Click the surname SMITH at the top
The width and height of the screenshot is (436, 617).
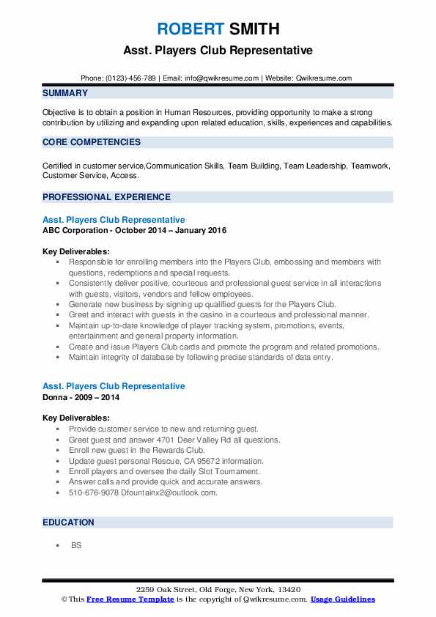[x=254, y=29]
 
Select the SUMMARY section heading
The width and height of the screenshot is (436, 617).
[x=65, y=93]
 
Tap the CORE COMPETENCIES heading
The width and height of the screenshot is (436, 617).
[x=92, y=142]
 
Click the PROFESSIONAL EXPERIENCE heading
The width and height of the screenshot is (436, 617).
[x=106, y=196]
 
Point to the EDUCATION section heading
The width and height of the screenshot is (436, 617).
[x=68, y=522]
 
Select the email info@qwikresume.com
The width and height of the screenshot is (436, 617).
[x=223, y=78]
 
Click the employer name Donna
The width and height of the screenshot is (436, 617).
[x=56, y=397]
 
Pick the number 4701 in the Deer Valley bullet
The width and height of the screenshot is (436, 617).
[x=144, y=440]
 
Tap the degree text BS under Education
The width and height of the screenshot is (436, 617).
[x=76, y=546]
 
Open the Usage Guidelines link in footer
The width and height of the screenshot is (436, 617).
[x=342, y=599]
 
